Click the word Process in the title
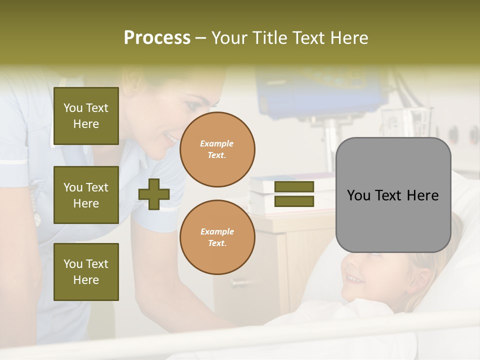(157, 38)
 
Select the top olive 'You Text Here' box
(86, 116)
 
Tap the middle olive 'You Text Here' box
(86, 195)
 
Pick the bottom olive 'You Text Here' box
(86, 272)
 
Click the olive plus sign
(154, 194)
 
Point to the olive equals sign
(294, 194)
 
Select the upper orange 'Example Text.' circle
(217, 149)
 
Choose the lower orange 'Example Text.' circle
(217, 237)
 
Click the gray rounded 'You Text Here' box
(393, 195)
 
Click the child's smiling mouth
(354, 277)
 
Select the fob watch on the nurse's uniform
(36, 215)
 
